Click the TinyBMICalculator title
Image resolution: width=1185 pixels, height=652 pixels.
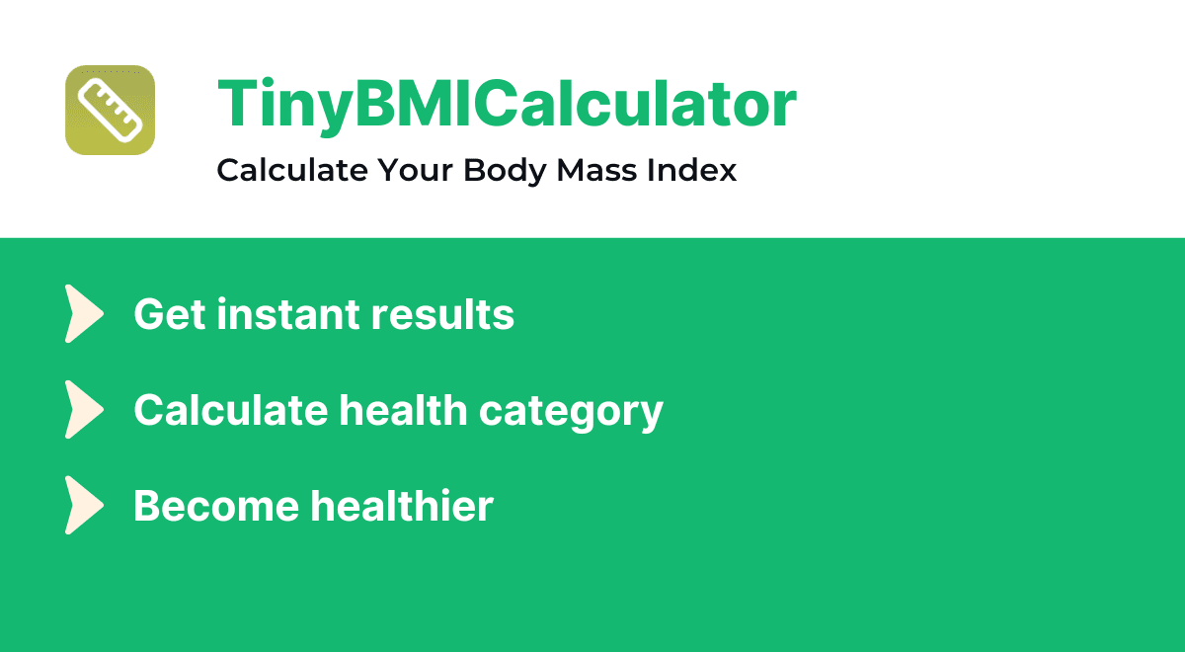coord(507,104)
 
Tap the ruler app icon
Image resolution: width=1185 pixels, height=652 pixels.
coord(110,110)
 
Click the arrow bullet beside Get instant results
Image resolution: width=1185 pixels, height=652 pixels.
coord(84,314)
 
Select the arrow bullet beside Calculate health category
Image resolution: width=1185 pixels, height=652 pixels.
coord(84,409)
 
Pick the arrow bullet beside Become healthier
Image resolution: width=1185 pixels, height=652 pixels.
coord(84,505)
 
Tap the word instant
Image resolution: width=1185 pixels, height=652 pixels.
coord(286,315)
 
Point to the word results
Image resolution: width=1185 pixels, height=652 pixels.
coord(442,315)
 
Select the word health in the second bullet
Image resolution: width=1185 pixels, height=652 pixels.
coord(404,410)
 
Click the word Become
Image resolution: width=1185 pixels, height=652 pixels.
coord(215,506)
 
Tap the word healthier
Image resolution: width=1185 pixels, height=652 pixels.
coord(402,506)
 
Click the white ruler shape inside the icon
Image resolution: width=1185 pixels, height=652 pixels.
coord(110,110)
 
